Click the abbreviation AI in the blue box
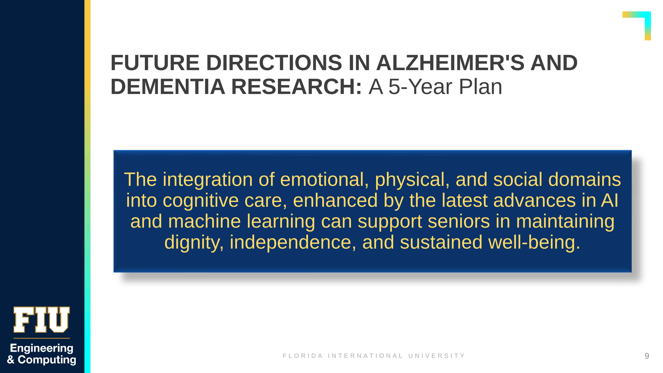(x=609, y=200)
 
